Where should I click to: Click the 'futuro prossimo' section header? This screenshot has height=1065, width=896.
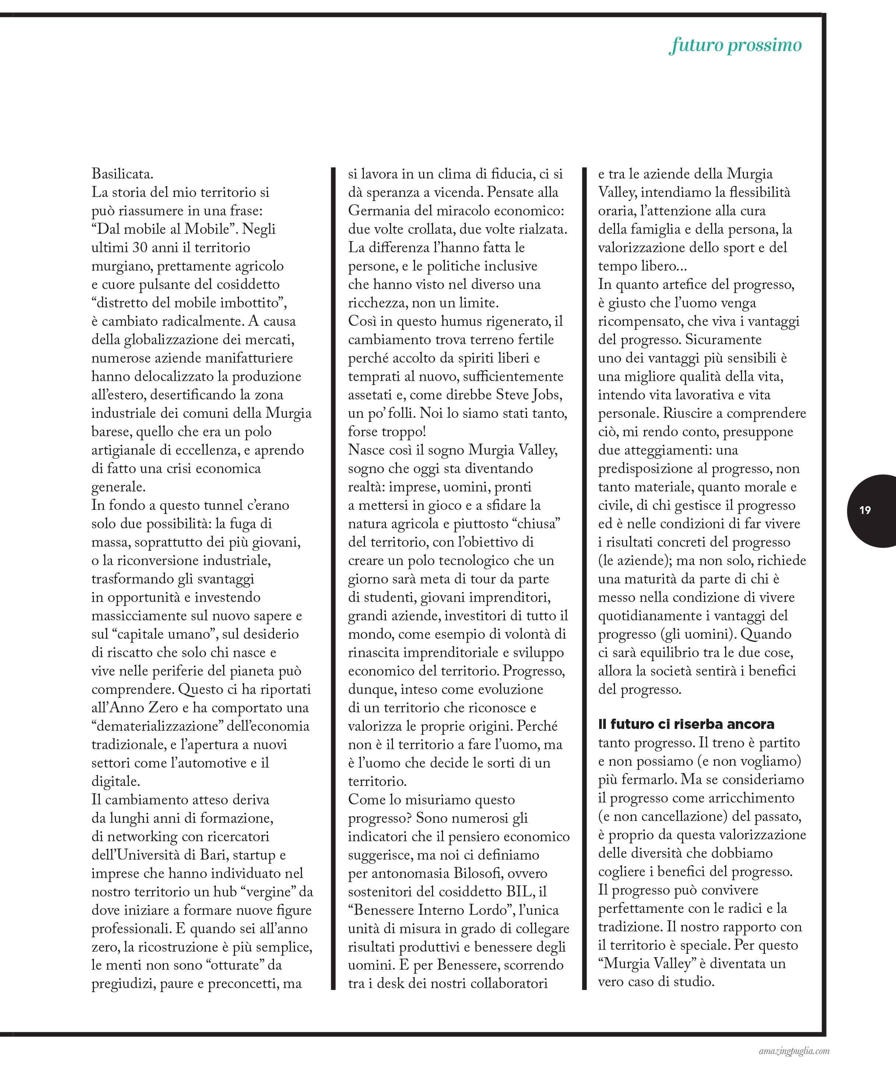coord(735,45)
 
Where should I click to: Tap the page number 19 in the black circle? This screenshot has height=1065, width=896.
coord(865,510)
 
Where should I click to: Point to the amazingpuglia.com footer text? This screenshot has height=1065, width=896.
coord(795,1051)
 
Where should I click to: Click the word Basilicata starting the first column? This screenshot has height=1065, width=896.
coord(122,174)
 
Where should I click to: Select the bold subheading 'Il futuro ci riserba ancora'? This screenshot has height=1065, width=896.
coord(686,724)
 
